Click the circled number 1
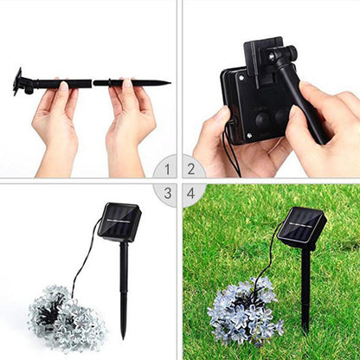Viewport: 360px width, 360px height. coord(164,167)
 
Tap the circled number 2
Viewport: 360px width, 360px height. coord(192,167)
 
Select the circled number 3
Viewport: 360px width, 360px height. coord(164,194)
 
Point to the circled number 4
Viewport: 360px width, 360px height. coord(192,194)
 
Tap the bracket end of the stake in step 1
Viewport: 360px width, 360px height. coord(18,81)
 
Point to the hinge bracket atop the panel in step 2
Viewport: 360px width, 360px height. coord(268,52)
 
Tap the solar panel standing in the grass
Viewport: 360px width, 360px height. coord(301,227)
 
